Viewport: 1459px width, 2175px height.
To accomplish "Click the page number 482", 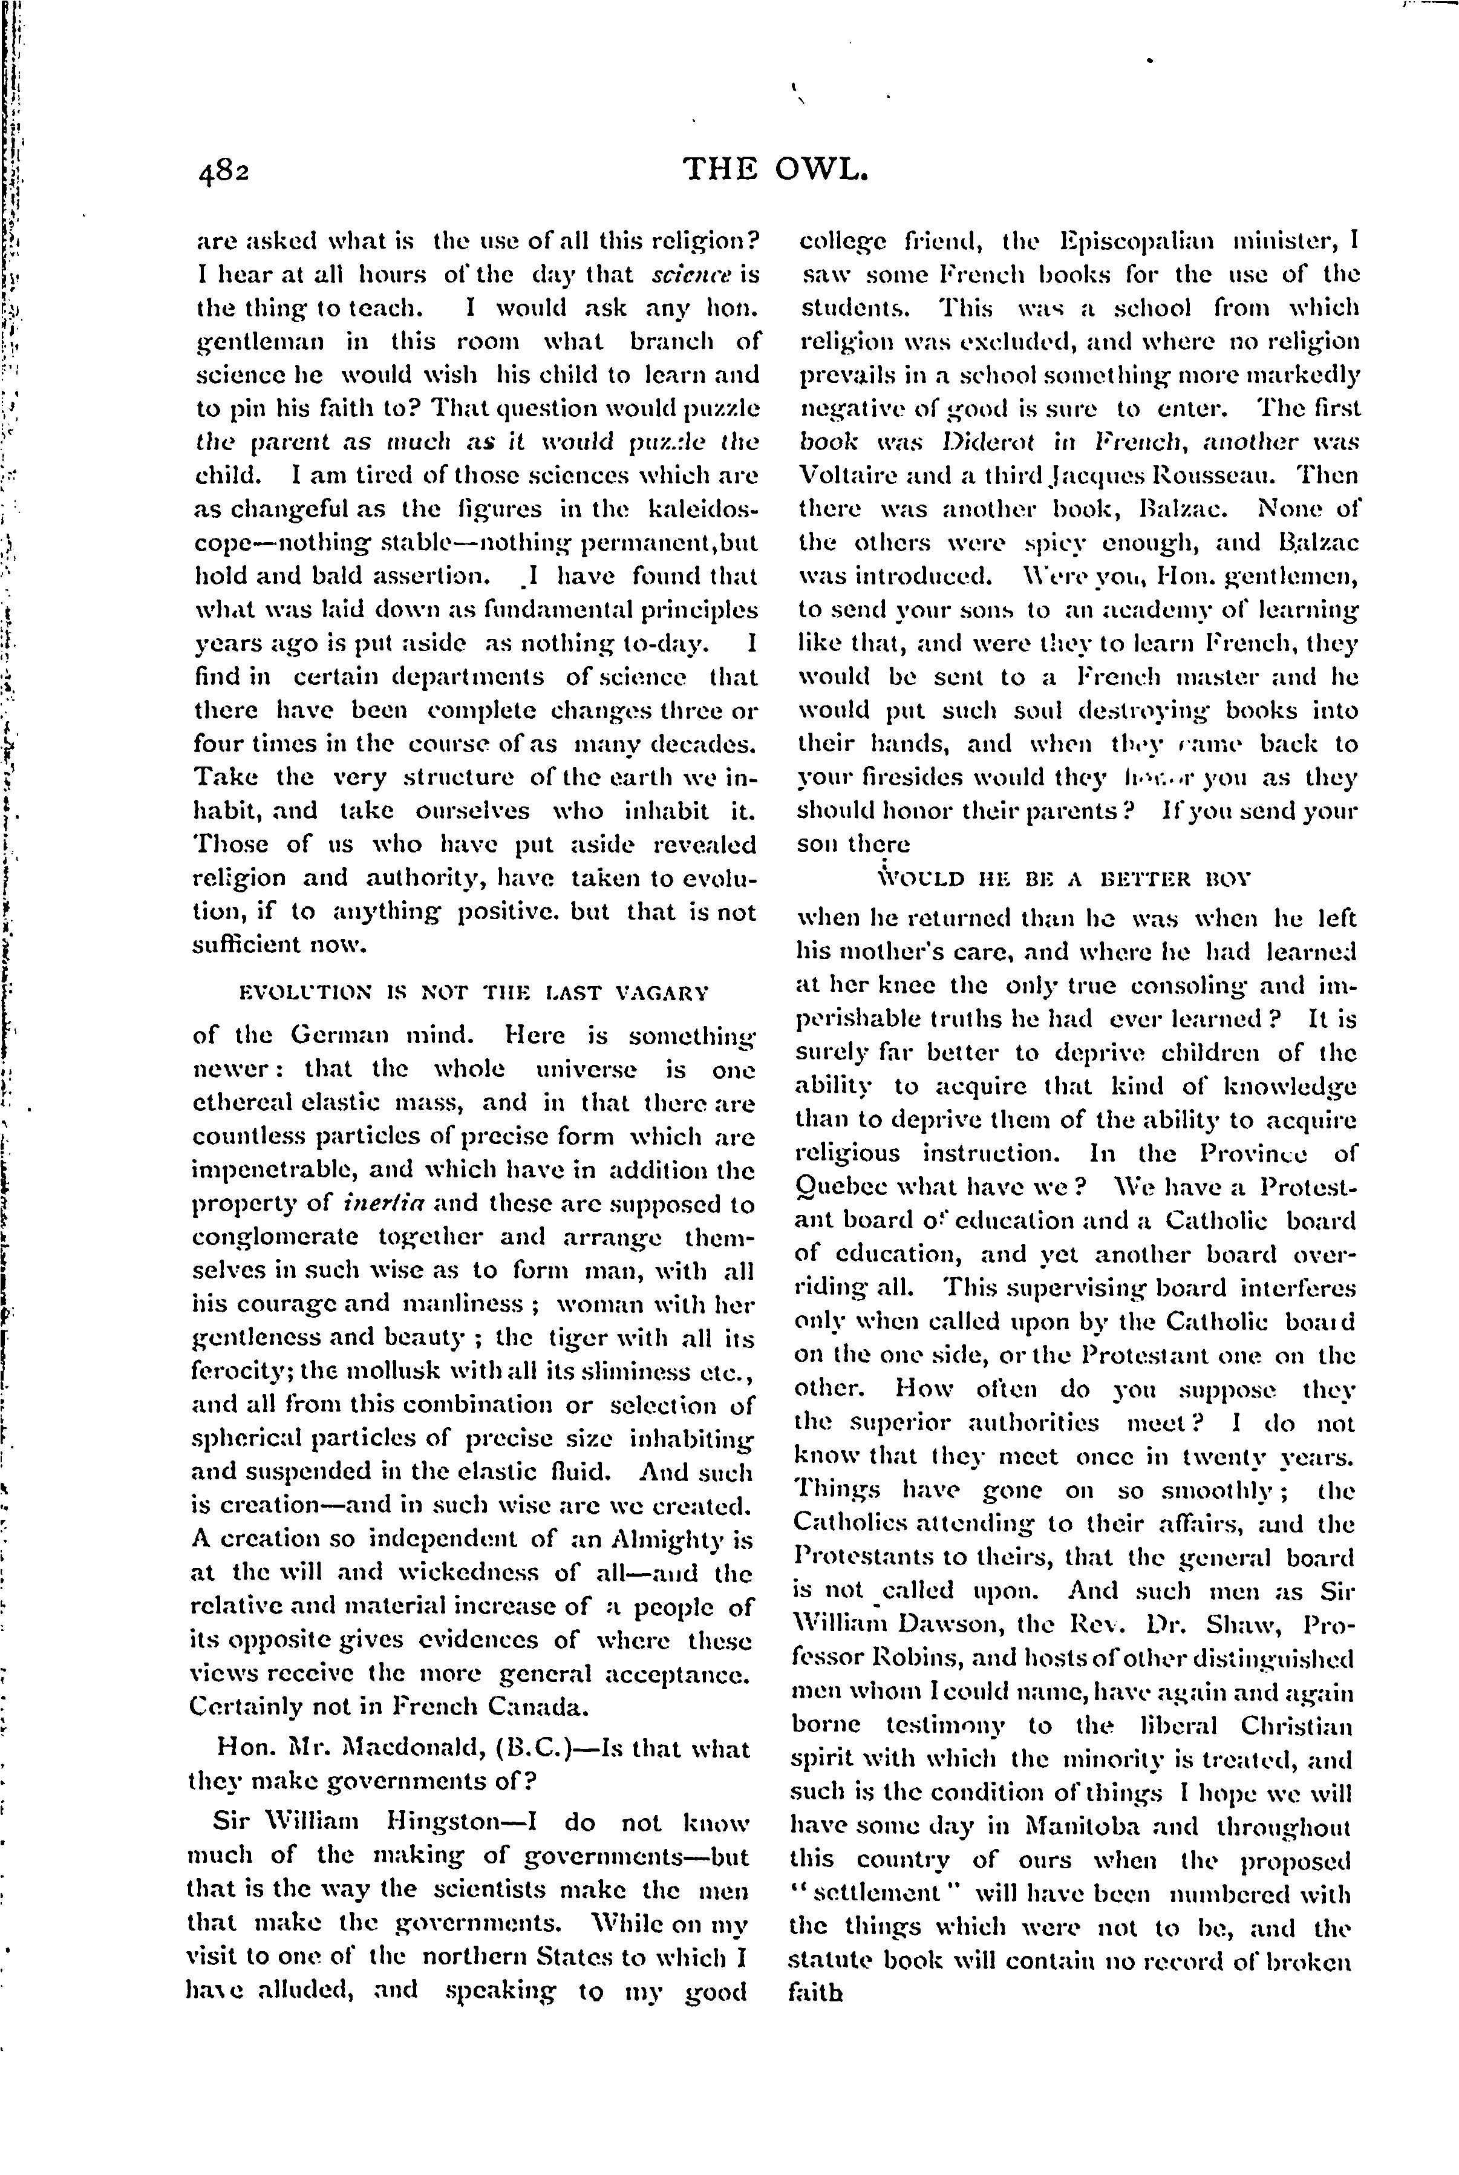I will coord(223,171).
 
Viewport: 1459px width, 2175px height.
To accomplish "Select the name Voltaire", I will coord(840,475).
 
